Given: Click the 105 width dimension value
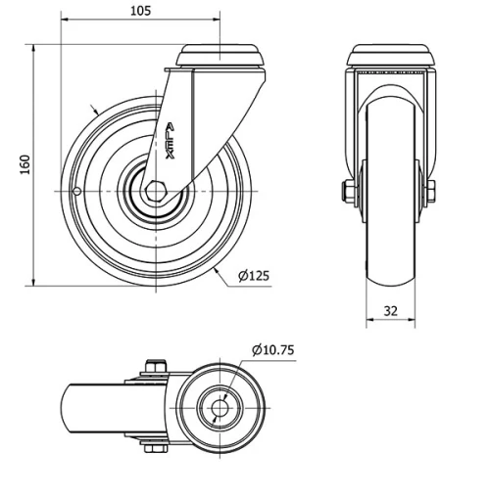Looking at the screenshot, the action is tap(141, 11).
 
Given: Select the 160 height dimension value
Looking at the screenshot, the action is tap(25, 164).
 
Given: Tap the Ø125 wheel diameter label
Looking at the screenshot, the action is tap(254, 276).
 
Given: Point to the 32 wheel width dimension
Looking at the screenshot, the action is tap(390, 311).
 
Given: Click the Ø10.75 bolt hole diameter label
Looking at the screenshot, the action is tap(273, 350).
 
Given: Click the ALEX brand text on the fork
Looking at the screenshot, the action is tap(170, 141).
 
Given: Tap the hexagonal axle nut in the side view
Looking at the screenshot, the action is tap(156, 191).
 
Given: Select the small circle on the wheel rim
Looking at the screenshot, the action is tap(76, 191).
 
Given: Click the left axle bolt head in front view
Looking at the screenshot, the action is tap(346, 191).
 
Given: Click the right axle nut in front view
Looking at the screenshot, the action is tap(430, 191).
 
